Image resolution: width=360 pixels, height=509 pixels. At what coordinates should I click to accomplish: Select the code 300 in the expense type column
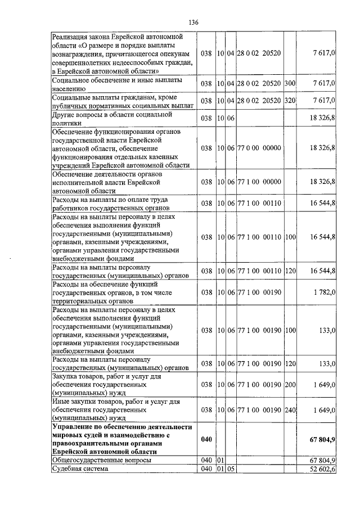(290, 83)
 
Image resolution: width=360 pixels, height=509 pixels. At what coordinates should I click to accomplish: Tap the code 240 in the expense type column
(290, 410)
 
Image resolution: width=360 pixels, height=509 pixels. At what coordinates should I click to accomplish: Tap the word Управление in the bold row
(73, 427)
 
